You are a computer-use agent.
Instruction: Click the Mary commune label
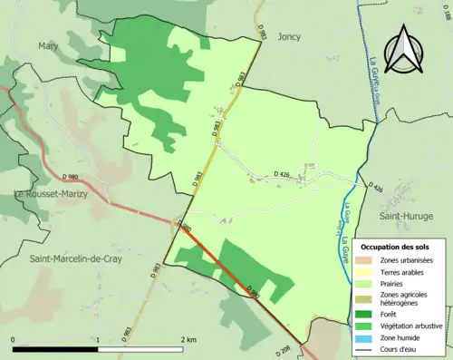pyautogui.click(x=48, y=45)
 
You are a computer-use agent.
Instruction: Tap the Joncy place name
pyautogui.click(x=288, y=39)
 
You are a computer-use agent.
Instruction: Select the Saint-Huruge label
pyautogui.click(x=405, y=216)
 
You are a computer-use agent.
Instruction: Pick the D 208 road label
pyautogui.click(x=283, y=349)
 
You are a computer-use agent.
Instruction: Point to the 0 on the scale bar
pyautogui.click(x=14, y=339)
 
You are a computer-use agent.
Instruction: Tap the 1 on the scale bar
pyautogui.click(x=97, y=339)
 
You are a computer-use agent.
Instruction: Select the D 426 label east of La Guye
pyautogui.click(x=376, y=188)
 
